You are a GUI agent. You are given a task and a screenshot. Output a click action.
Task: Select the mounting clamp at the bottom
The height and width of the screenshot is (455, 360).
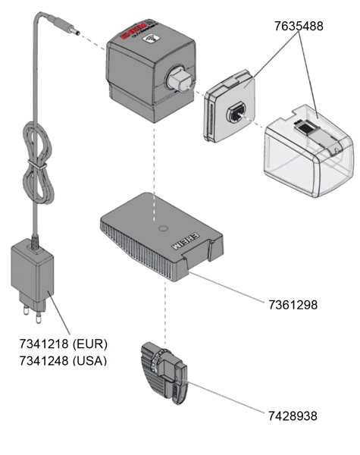tap(164, 372)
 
